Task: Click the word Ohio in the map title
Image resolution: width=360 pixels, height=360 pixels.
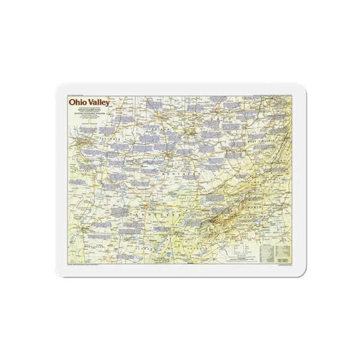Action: tap(78, 103)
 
